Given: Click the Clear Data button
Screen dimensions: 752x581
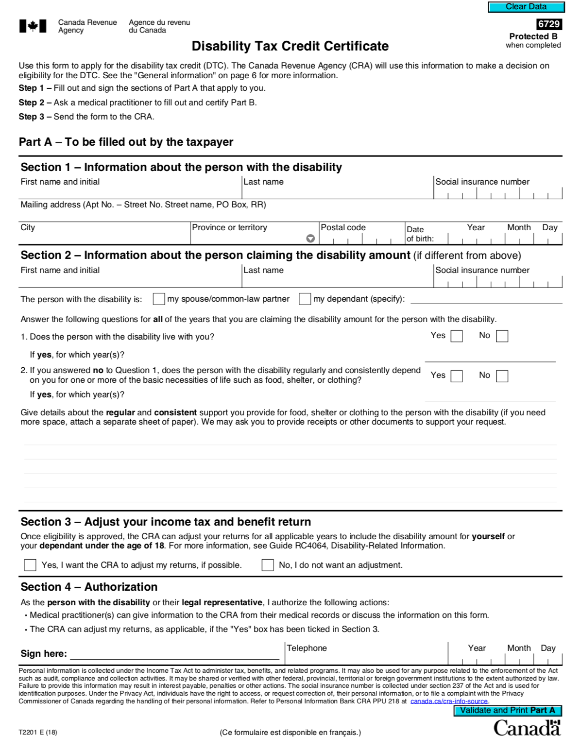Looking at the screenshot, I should point(526,7).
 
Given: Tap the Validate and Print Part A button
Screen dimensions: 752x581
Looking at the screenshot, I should point(507,711).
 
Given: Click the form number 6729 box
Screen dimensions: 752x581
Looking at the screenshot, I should point(548,24).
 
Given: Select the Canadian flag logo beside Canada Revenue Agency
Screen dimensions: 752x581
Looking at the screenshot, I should point(33,26).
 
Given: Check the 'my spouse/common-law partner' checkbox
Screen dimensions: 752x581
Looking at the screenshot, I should point(158,299).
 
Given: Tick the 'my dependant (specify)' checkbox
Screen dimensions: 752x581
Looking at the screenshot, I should point(305,299).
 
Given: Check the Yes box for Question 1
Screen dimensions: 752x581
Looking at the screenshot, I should point(456,336).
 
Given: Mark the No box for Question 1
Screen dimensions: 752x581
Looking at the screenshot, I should point(502,336).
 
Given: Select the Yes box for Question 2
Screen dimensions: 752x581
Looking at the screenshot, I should point(456,376).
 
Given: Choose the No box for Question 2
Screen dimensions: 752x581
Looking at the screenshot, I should point(502,376).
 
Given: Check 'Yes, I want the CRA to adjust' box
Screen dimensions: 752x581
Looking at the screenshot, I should point(30,565).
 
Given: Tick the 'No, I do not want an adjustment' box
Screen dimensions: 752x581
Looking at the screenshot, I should point(267,565).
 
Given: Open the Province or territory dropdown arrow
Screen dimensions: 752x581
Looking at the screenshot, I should point(310,239).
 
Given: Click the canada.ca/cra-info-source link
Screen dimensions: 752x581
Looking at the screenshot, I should point(449,701).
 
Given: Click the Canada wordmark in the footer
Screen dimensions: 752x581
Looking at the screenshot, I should point(527,728).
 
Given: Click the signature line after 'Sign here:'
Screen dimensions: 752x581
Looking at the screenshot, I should point(174,654).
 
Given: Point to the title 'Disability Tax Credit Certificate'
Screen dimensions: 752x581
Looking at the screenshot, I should point(290,46).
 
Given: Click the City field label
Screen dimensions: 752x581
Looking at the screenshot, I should point(28,227).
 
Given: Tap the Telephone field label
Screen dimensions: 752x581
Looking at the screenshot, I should point(307,648).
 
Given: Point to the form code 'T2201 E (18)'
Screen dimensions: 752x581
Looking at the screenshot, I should point(38,732).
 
